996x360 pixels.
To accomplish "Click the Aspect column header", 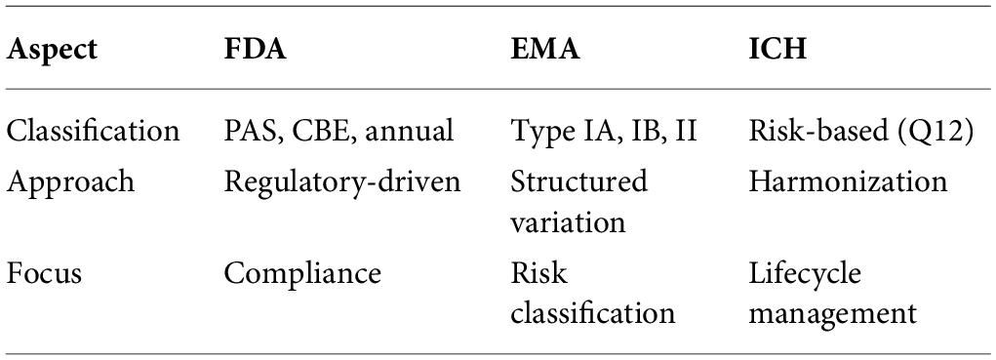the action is pos(52,50).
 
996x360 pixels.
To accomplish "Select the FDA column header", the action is pos(256,49).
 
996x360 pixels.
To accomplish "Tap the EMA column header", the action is pos(545,49).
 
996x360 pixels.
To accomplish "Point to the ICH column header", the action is pos(777,49).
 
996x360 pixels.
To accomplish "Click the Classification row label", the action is pos(93,131).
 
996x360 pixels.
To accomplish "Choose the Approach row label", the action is pos(70,182).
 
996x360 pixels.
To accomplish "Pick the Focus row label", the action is pos(44,273).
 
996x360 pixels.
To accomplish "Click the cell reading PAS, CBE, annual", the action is pos(339,132).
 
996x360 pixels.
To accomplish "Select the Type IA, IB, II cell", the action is pos(604,132).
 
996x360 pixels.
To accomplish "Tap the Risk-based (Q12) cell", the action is pos(861,132).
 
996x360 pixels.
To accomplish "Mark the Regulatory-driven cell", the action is pos(342,182).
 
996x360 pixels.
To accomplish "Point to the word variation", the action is pos(569,222).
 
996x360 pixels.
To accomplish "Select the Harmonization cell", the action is pos(848,181).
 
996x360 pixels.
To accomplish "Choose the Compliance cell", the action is pos(302,273).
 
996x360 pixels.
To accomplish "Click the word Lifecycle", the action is pos(805,273).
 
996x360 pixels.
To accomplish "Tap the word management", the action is pos(833,314).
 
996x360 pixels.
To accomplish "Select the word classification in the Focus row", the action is pos(593,313).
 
